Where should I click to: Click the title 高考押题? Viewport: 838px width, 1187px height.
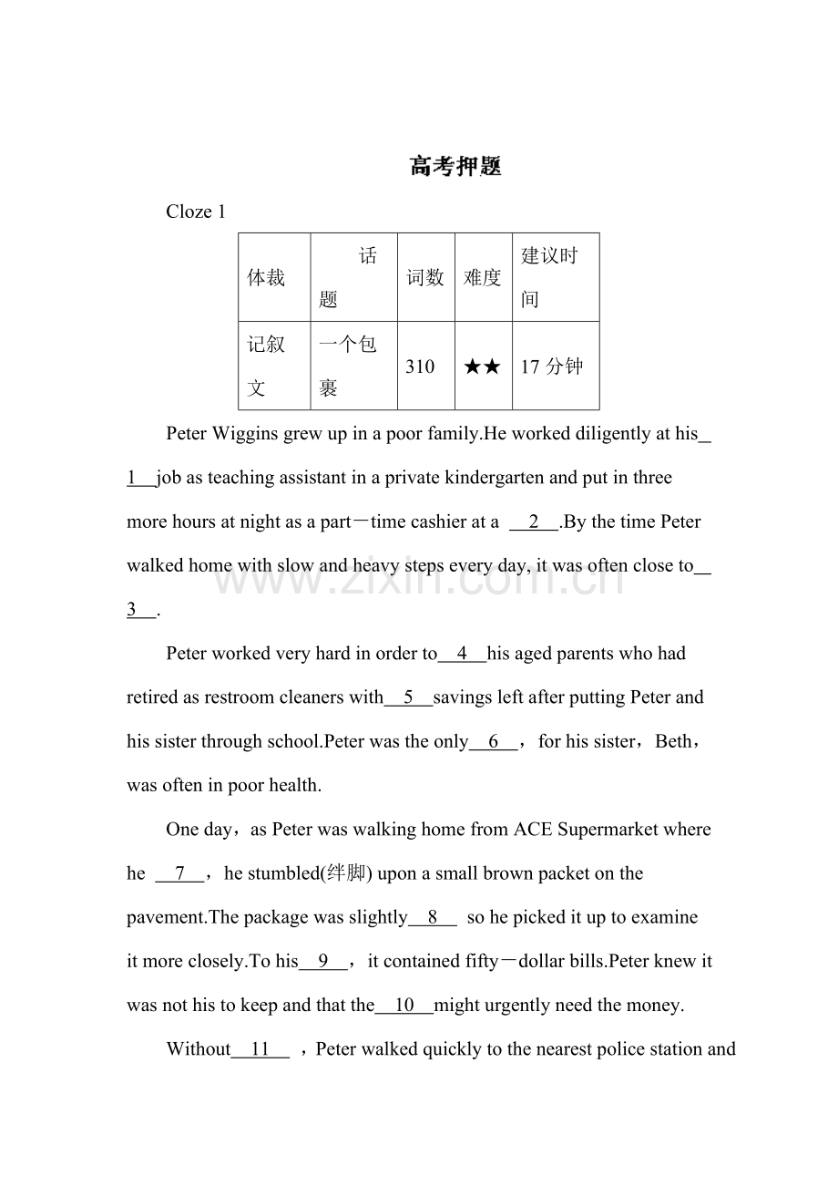pyautogui.click(x=455, y=167)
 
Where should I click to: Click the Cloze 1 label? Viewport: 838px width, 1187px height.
pyautogui.click(x=196, y=212)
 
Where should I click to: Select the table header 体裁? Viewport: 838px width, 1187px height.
pyautogui.click(x=266, y=278)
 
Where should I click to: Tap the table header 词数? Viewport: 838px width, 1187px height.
pyautogui.click(x=425, y=278)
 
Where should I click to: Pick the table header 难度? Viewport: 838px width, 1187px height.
pyautogui.click(x=483, y=278)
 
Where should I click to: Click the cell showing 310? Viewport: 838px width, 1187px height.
pyautogui.click(x=420, y=366)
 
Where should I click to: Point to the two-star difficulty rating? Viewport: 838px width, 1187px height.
pyautogui.click(x=482, y=366)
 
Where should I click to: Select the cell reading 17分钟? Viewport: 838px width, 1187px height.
pyautogui.click(x=552, y=366)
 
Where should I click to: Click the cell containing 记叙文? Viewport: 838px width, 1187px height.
pyautogui.click(x=266, y=366)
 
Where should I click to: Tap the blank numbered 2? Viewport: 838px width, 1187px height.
pyautogui.click(x=534, y=522)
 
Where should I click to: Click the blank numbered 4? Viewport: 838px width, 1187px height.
pyautogui.click(x=462, y=654)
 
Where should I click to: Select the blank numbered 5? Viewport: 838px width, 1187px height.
pyautogui.click(x=408, y=697)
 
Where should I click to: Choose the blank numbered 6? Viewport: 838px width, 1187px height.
pyautogui.click(x=494, y=741)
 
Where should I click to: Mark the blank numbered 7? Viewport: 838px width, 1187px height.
pyautogui.click(x=179, y=873)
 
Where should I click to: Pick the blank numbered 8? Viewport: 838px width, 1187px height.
pyautogui.click(x=433, y=917)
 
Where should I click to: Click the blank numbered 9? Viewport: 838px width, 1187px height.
pyautogui.click(x=322, y=961)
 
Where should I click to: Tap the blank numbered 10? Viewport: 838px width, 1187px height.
pyautogui.click(x=404, y=1006)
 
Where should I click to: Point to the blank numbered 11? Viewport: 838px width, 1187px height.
pyautogui.click(x=261, y=1049)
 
